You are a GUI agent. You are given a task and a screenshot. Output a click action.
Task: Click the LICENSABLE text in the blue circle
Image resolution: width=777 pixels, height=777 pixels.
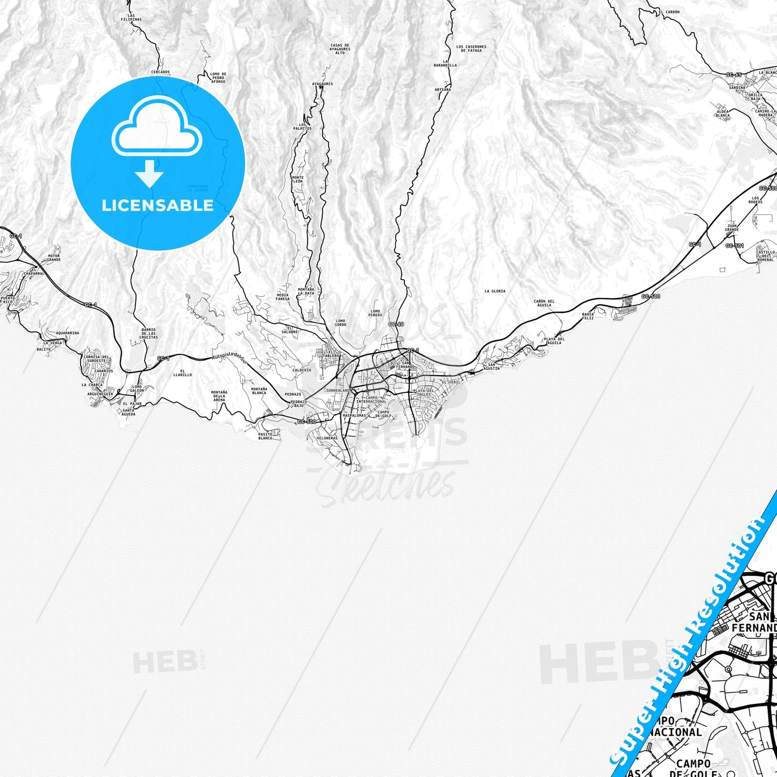click(158, 205)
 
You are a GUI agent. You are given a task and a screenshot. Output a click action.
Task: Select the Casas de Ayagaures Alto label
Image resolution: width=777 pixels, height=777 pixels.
click(340, 49)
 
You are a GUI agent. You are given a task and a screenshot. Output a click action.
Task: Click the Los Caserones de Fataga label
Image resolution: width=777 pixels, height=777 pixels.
click(471, 48)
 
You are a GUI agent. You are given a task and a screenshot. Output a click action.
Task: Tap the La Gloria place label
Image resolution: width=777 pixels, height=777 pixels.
click(495, 291)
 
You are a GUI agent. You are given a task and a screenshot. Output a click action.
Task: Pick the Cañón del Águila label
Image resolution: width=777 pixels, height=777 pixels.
click(544, 303)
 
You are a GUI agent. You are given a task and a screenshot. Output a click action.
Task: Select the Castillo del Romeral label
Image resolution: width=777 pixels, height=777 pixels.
click(765, 255)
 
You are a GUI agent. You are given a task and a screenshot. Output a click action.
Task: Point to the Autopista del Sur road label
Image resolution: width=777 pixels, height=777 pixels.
click(228, 355)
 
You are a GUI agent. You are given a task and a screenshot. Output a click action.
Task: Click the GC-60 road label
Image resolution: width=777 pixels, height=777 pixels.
click(396, 324)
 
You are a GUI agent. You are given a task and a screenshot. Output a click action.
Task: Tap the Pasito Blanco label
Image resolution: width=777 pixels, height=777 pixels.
click(266, 436)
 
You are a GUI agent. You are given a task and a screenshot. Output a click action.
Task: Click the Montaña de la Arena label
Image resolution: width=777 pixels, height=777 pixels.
click(219, 396)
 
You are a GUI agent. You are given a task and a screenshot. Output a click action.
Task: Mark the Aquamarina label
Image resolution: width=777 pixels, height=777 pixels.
click(67, 333)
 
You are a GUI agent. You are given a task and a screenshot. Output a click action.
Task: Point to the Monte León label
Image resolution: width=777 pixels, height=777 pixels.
click(297, 179)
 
